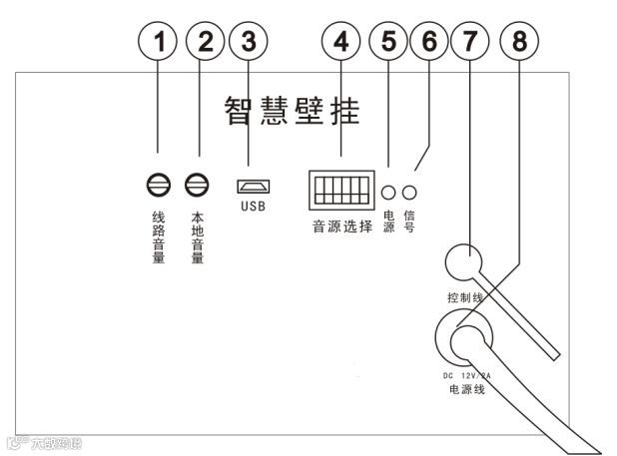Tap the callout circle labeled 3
click(250, 42)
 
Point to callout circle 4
click(341, 42)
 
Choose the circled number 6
click(430, 42)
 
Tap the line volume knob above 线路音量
click(157, 185)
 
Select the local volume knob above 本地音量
click(198, 185)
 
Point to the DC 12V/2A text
click(466, 375)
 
